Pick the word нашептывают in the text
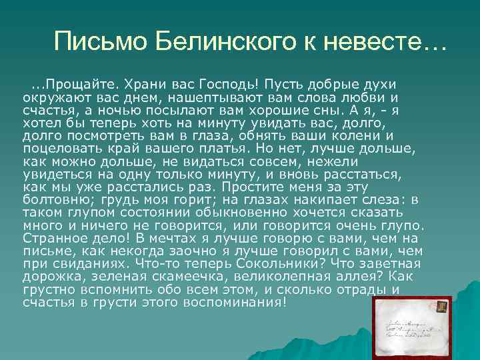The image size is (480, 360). [185, 98]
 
